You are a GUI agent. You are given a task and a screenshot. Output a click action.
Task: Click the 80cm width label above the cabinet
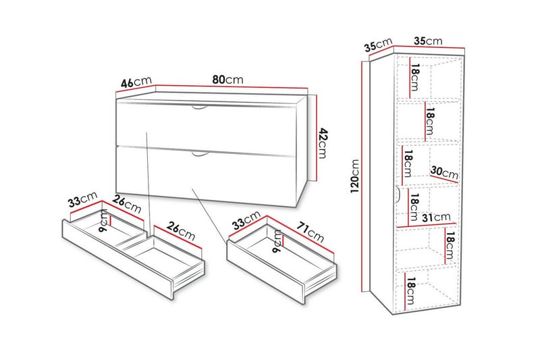(x=227, y=80)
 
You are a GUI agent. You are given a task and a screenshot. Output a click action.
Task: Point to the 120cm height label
(x=356, y=176)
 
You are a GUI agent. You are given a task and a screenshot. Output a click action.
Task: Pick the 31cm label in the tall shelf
(x=437, y=217)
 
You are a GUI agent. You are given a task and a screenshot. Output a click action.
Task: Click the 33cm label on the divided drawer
(x=81, y=201)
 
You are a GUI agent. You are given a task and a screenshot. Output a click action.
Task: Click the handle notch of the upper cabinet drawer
(x=200, y=108)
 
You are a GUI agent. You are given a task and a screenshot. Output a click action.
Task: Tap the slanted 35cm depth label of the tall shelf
(x=378, y=46)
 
